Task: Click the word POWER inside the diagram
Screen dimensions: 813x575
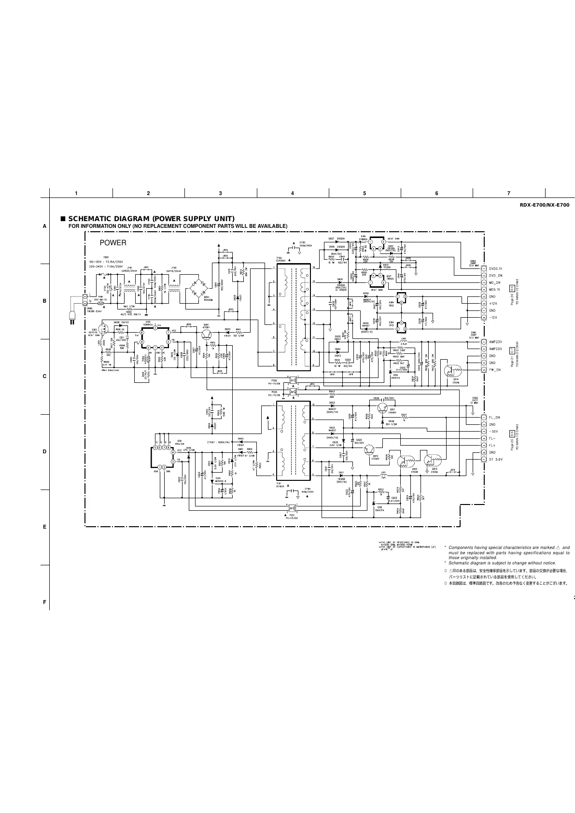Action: click(112, 243)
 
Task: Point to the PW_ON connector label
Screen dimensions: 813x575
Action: click(495, 370)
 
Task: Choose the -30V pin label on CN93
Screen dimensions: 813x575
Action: click(494, 431)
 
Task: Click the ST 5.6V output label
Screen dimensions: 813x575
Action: click(496, 459)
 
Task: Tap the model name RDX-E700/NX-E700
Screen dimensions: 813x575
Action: click(544, 205)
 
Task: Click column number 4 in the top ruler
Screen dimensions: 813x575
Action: click(293, 193)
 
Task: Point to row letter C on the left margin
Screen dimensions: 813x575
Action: click(44, 376)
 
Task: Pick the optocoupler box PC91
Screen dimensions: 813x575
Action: click(292, 507)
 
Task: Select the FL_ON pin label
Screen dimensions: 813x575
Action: click(494, 417)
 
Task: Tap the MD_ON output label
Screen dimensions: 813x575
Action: click(495, 282)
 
